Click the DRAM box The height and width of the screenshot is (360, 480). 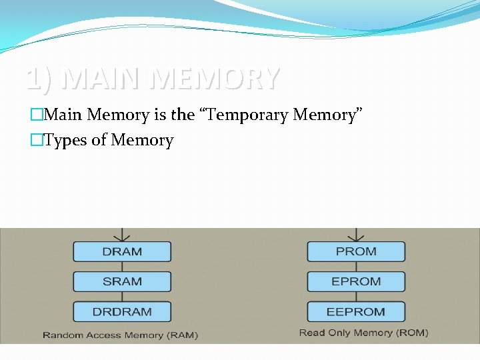click(x=122, y=251)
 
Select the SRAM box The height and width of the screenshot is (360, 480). click(x=122, y=281)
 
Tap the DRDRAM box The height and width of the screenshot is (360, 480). click(x=122, y=311)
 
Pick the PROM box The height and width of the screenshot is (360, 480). click(x=356, y=251)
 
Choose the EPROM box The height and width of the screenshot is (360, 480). click(x=356, y=281)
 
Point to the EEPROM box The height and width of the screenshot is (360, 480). click(x=356, y=311)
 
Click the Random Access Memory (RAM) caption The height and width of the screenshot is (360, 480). click(x=120, y=335)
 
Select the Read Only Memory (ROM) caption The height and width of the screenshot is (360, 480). click(x=363, y=333)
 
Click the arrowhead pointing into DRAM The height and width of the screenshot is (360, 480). click(x=122, y=237)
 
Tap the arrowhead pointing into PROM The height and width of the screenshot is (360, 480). click(x=356, y=237)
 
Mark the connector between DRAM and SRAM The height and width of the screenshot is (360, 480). click(x=122, y=266)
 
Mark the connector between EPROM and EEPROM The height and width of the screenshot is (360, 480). click(x=356, y=296)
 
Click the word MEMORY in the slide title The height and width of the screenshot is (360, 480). click(x=214, y=79)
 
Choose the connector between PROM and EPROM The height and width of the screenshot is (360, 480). click(x=356, y=266)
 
